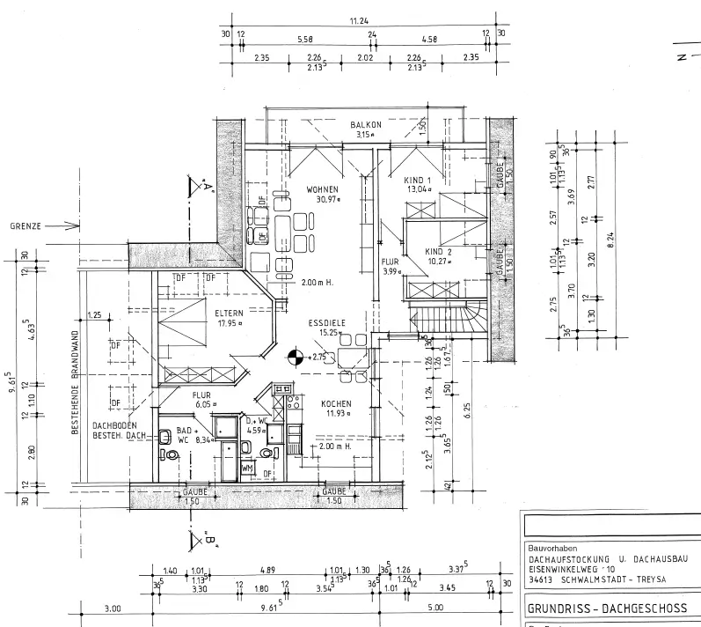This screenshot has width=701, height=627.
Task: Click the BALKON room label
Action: click(365, 125)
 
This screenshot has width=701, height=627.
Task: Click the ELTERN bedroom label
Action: click(230, 312)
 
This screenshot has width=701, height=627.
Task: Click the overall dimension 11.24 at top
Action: click(359, 20)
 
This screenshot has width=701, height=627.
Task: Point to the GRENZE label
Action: click(27, 225)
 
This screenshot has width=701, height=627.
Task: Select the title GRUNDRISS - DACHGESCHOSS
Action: click(602, 608)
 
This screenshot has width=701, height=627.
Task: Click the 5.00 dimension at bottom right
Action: click(435, 608)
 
